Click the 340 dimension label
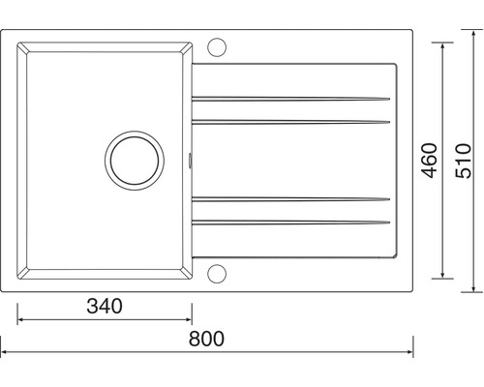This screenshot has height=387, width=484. click(105, 306)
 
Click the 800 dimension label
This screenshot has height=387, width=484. click(206, 339)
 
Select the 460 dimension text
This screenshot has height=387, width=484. click(430, 161)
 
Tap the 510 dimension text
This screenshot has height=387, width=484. click(463, 161)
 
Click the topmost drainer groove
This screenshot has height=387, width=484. click(290, 99)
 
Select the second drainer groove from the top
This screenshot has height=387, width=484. click(290, 122)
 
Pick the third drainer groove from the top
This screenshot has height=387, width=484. click(290, 199)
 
